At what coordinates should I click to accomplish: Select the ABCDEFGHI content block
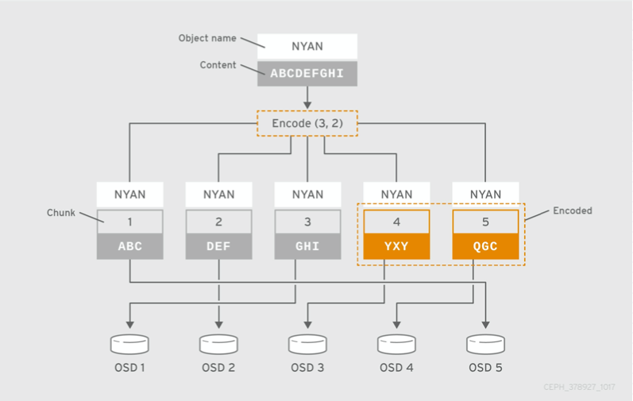click(307, 73)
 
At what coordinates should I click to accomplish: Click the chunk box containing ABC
click(129, 246)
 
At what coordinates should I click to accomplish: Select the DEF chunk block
click(218, 246)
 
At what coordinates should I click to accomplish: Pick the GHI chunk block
click(307, 246)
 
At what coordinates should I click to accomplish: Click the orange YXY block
click(396, 246)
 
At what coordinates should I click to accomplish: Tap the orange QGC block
click(485, 246)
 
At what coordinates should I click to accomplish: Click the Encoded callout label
click(573, 211)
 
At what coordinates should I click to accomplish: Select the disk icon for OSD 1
click(129, 343)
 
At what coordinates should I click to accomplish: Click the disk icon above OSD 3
click(307, 343)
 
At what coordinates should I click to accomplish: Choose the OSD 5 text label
click(485, 368)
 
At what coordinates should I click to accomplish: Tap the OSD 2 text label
click(218, 368)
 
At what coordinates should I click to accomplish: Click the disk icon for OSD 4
click(396, 343)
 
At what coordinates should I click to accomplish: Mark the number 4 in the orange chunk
click(396, 222)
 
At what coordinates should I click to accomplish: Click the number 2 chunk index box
click(218, 222)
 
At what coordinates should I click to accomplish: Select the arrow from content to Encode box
click(307, 97)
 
